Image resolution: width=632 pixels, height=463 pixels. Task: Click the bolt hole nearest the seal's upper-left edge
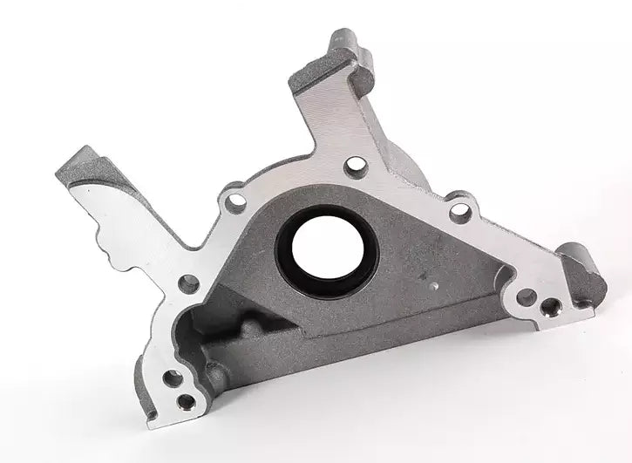pyautogui.click(x=234, y=202)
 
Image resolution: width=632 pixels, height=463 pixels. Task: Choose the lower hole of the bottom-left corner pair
pyautogui.click(x=186, y=402)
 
